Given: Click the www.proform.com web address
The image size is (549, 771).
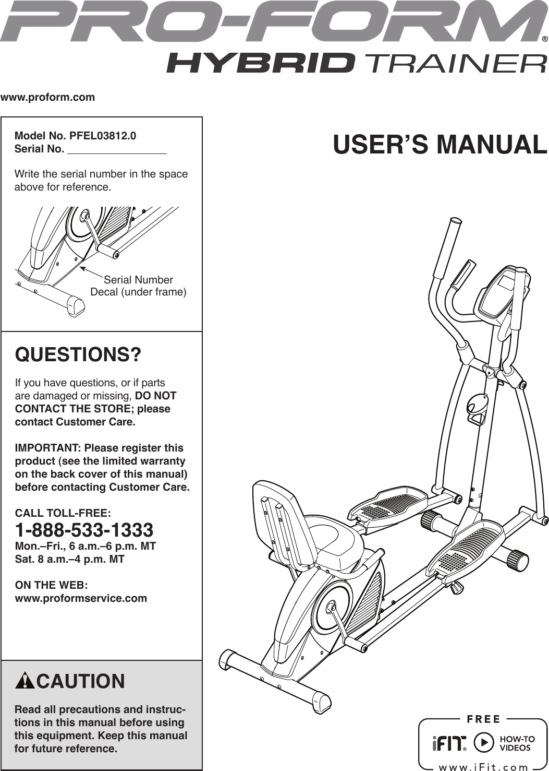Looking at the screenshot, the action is pyautogui.click(x=47, y=97).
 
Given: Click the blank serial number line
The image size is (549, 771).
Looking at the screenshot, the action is pyautogui.click(x=117, y=150).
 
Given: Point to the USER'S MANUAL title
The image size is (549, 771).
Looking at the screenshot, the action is pyautogui.click(x=440, y=145).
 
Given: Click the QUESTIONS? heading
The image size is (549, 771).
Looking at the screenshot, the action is pyautogui.click(x=78, y=355).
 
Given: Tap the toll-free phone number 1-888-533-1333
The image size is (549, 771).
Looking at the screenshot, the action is pyautogui.click(x=84, y=530).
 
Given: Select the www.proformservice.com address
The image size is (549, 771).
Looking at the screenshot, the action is pyautogui.click(x=81, y=598).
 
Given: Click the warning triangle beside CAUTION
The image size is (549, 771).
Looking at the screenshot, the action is pyautogui.click(x=25, y=682).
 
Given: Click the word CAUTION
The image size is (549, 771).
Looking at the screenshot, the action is pyautogui.click(x=81, y=682).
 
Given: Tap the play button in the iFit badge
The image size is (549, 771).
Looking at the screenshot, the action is pyautogui.click(x=484, y=742).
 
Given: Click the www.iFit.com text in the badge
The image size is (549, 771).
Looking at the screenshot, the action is pyautogui.click(x=483, y=767).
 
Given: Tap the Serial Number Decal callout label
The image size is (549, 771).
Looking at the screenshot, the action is pyautogui.click(x=138, y=286).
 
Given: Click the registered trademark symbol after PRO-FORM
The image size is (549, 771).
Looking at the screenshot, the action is pyautogui.click(x=544, y=39).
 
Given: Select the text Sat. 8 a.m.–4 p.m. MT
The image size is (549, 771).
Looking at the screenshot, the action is pyautogui.click(x=70, y=559).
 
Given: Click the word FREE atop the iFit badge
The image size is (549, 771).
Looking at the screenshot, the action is pyautogui.click(x=483, y=719).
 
